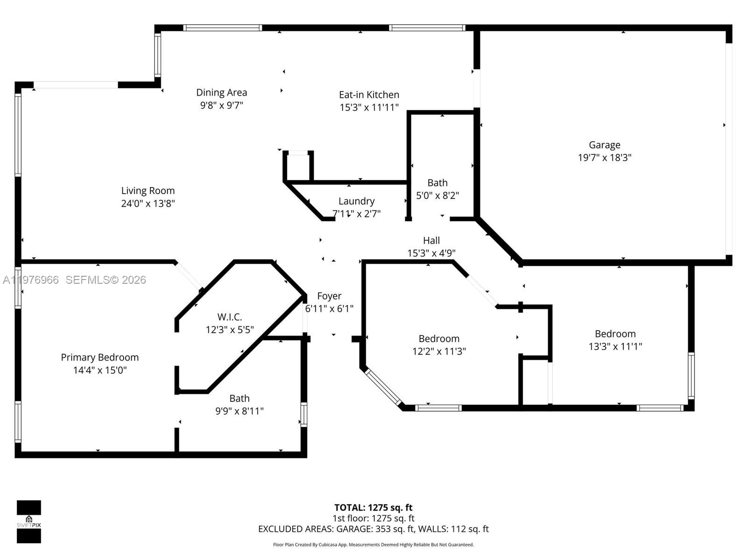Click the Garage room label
[604, 145]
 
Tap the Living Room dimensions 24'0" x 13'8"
[148, 203]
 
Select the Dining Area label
[221, 93]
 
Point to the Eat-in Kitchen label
[369, 95]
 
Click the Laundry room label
[356, 201]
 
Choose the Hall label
[431, 241]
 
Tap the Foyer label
[329, 296]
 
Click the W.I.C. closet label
[229, 317]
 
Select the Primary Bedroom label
[99, 357]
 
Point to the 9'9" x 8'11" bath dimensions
[239, 411]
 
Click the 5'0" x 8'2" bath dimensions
[437, 196]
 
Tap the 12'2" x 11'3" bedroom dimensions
[439, 351]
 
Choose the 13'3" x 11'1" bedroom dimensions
[615, 346]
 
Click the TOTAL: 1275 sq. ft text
[373, 508]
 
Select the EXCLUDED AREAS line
[373, 529]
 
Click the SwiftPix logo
[29, 522]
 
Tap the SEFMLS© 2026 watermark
[106, 280]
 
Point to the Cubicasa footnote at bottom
[373, 545]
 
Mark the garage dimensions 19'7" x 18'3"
[604, 158]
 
